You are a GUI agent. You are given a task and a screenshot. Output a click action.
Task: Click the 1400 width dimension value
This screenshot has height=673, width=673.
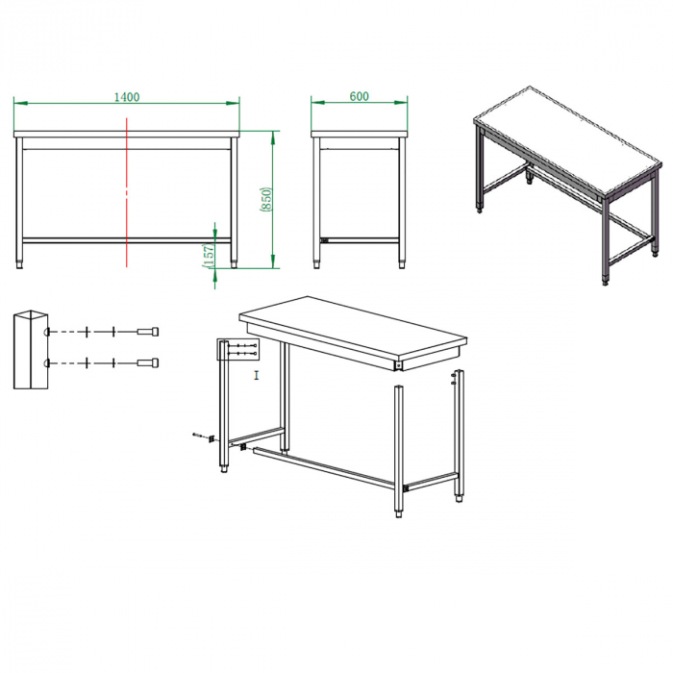click(127, 97)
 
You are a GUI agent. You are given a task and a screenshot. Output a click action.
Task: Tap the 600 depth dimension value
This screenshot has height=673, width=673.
click(360, 96)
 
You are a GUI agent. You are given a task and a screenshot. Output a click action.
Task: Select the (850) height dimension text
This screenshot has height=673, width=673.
click(266, 199)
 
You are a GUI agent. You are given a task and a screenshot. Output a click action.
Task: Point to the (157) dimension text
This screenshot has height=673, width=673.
click(209, 257)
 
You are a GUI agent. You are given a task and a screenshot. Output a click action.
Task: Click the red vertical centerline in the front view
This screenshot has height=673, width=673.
click(127, 192)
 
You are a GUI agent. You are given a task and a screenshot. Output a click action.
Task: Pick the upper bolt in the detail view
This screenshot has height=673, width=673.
click(148, 332)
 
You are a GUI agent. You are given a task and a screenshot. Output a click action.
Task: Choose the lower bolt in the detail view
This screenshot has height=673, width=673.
click(148, 362)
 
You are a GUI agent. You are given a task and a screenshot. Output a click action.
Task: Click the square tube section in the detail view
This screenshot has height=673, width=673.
click(31, 350)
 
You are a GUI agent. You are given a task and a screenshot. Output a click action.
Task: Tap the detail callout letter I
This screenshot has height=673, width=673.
click(257, 376)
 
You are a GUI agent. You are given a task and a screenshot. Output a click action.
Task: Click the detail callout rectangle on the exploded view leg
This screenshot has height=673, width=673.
click(238, 349)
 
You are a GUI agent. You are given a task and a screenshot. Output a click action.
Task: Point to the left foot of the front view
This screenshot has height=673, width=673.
click(20, 264)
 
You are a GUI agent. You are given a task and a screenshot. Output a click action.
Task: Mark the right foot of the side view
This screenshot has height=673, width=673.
click(402, 264)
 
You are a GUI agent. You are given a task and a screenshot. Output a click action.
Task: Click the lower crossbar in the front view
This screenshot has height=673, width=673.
click(127, 240)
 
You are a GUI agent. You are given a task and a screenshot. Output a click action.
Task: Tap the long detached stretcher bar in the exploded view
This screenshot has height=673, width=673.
click(324, 467)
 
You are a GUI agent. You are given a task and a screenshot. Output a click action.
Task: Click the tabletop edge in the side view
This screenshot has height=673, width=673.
click(360, 135)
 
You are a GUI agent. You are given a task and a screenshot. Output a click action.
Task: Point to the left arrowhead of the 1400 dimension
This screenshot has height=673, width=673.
click(20, 103)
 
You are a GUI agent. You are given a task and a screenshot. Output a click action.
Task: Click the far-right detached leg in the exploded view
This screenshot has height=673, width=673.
click(459, 436)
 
